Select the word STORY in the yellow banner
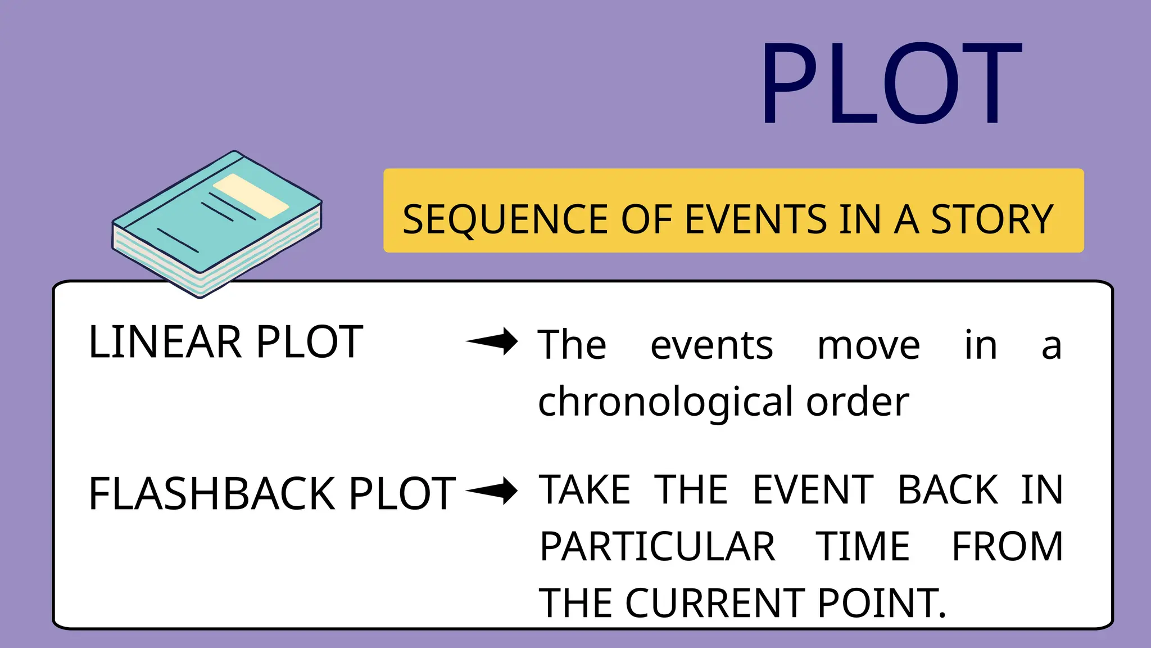tap(992, 219)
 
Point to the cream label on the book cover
tap(251, 195)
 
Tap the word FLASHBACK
tap(211, 493)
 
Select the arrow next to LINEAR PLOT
tap(492, 341)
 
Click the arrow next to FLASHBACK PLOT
tap(492, 490)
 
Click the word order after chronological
tap(858, 402)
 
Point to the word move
tap(868, 345)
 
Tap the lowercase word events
tap(712, 345)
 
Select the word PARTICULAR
tap(658, 547)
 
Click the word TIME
tap(863, 547)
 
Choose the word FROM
tap(1007, 547)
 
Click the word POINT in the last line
tap(881, 603)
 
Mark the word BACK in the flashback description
tap(948, 489)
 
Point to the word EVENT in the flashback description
tap(813, 489)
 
